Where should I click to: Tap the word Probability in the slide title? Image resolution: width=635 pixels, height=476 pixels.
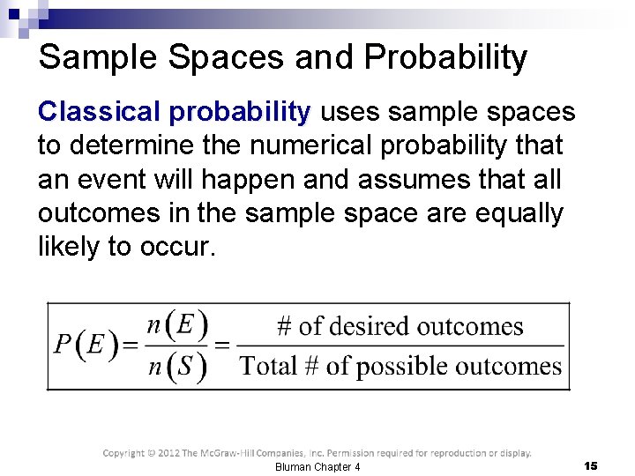point(445,58)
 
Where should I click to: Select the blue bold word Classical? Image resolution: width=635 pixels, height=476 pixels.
point(98,112)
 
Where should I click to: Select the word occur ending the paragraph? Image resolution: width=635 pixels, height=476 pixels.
point(176,248)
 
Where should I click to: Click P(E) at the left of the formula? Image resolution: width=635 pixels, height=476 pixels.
point(86,345)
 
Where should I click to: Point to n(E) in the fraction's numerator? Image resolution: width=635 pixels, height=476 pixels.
point(177,325)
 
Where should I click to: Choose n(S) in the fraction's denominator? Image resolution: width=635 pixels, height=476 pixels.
point(177,365)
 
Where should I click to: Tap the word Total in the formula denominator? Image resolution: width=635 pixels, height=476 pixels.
point(269,365)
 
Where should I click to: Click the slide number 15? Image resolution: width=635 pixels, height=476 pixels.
point(590,465)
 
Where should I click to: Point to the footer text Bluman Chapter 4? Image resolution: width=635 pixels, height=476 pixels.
point(317,466)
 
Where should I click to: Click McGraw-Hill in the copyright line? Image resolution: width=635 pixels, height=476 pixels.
point(247,453)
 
